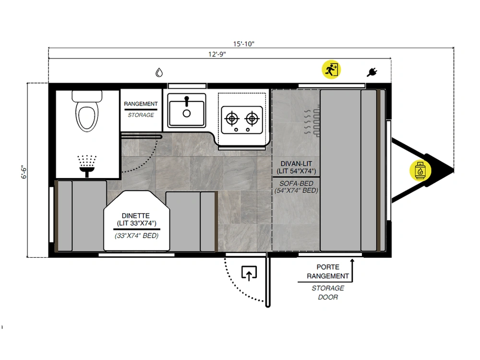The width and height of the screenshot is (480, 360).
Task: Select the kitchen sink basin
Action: click(186, 110)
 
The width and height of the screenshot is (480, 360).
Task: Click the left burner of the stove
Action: click(232, 119)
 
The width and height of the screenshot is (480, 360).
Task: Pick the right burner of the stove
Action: click(252, 119)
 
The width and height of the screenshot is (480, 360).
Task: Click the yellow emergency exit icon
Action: click(331, 70)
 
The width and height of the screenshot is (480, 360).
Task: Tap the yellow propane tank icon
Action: click(420, 170)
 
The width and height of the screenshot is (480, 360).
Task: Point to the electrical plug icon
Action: click(372, 72)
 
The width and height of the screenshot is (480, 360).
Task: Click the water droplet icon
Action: click(159, 72)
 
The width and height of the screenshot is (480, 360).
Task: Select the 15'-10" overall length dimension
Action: click(244, 44)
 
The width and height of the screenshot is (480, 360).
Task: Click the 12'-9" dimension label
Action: click(217, 54)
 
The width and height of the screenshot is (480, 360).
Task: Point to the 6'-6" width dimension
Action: click(24, 172)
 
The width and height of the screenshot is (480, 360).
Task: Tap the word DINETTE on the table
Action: click(136, 216)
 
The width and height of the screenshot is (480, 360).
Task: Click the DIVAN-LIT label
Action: click(296, 164)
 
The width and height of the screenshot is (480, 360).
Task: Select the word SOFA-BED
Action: click(296, 183)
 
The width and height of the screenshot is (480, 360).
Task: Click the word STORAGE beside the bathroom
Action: click(141, 115)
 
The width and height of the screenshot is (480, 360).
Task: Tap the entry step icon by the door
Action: click(249, 273)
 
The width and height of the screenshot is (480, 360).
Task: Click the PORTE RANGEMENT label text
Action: click(328, 272)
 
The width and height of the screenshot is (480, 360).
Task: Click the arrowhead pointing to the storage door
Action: click(352, 261)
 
